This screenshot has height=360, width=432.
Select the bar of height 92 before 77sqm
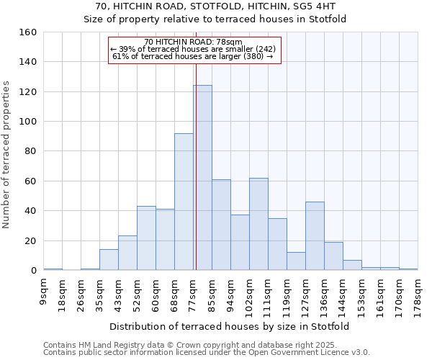click(x=184, y=202)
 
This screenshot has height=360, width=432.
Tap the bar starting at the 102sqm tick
click(x=258, y=224)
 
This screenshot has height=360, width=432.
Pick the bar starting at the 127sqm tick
click(x=315, y=236)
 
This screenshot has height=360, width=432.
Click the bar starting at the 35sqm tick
click(x=109, y=260)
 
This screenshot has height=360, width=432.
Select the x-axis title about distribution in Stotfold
click(x=230, y=326)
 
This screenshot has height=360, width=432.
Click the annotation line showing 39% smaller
click(x=193, y=49)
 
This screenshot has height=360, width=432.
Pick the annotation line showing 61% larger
click(x=193, y=56)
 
